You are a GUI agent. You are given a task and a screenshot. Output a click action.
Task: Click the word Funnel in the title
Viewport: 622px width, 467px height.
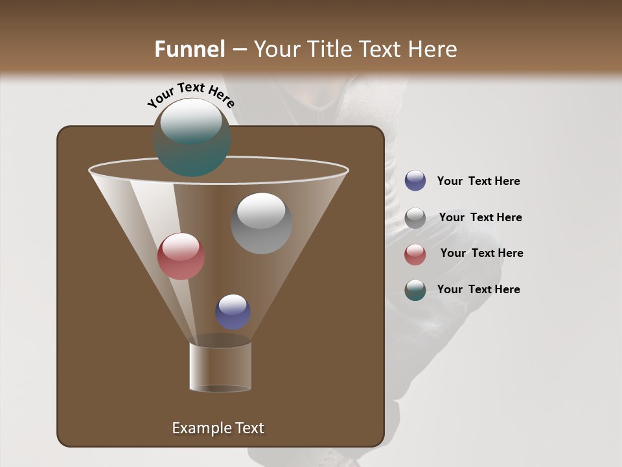(x=189, y=49)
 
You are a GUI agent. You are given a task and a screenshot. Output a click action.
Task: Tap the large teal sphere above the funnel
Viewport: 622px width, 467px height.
(x=191, y=138)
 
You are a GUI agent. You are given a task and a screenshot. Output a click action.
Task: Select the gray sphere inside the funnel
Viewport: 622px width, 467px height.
(x=261, y=223)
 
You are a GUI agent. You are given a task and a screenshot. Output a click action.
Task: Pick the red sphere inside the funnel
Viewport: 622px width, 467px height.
(x=181, y=256)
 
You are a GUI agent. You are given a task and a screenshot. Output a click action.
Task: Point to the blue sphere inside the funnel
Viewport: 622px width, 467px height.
(x=233, y=312)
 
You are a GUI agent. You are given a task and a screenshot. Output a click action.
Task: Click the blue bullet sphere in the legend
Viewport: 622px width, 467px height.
(x=415, y=181)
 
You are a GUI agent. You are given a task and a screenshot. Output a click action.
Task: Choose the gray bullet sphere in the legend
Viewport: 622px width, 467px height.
(x=415, y=218)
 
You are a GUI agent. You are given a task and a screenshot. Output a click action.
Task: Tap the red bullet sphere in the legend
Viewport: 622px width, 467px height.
(x=415, y=254)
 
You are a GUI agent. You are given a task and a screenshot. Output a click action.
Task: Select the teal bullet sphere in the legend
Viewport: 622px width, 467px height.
(x=415, y=290)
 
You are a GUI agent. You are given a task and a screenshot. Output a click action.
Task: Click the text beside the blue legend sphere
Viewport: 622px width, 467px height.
(x=478, y=182)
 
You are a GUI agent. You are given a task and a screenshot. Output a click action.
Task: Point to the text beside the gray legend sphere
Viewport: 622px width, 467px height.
(x=480, y=218)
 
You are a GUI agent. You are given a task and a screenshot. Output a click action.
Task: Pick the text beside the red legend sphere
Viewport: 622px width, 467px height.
(x=481, y=254)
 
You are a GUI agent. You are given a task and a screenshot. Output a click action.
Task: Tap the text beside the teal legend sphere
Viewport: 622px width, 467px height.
(x=478, y=290)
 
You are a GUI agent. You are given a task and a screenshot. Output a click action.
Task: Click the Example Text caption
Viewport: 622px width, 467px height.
(x=218, y=428)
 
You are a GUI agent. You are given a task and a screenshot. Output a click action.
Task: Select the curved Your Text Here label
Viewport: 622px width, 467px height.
(x=190, y=95)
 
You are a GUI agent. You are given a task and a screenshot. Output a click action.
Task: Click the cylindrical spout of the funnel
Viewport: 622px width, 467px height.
(x=220, y=367)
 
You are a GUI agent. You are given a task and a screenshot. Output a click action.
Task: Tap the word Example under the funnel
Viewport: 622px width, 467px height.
(x=201, y=428)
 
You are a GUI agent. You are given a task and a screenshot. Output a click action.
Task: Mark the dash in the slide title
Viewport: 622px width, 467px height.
(x=238, y=50)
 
